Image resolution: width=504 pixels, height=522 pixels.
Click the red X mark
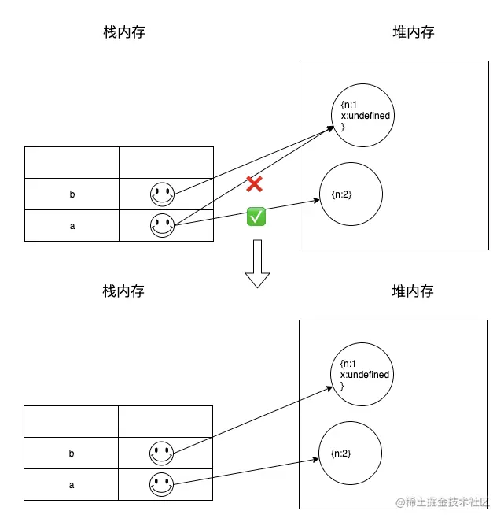click(254, 185)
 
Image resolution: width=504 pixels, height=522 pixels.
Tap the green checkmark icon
click(256, 217)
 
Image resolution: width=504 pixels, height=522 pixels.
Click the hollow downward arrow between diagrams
click(257, 265)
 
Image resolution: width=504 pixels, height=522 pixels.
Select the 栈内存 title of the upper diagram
click(124, 32)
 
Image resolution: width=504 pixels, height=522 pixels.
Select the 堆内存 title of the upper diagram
click(414, 32)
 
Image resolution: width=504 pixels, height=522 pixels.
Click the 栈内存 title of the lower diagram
click(123, 291)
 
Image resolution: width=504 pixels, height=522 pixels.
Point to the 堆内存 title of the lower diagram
click(413, 291)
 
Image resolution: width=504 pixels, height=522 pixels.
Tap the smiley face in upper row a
click(162, 226)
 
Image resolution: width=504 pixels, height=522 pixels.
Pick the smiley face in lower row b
click(161, 454)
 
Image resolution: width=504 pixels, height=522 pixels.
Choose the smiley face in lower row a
click(161, 485)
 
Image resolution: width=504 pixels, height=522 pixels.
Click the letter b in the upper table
click(72, 194)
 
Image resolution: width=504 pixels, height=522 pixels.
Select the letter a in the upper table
click(72, 226)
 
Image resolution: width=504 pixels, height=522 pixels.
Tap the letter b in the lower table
click(72, 454)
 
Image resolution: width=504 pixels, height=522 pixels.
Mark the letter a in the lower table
click(72, 485)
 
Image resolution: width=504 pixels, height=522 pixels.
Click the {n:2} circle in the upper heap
click(351, 194)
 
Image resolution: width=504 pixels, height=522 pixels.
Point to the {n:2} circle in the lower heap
click(350, 454)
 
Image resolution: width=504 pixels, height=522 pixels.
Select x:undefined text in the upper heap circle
click(365, 116)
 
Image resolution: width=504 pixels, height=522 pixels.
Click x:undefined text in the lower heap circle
click(364, 375)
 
